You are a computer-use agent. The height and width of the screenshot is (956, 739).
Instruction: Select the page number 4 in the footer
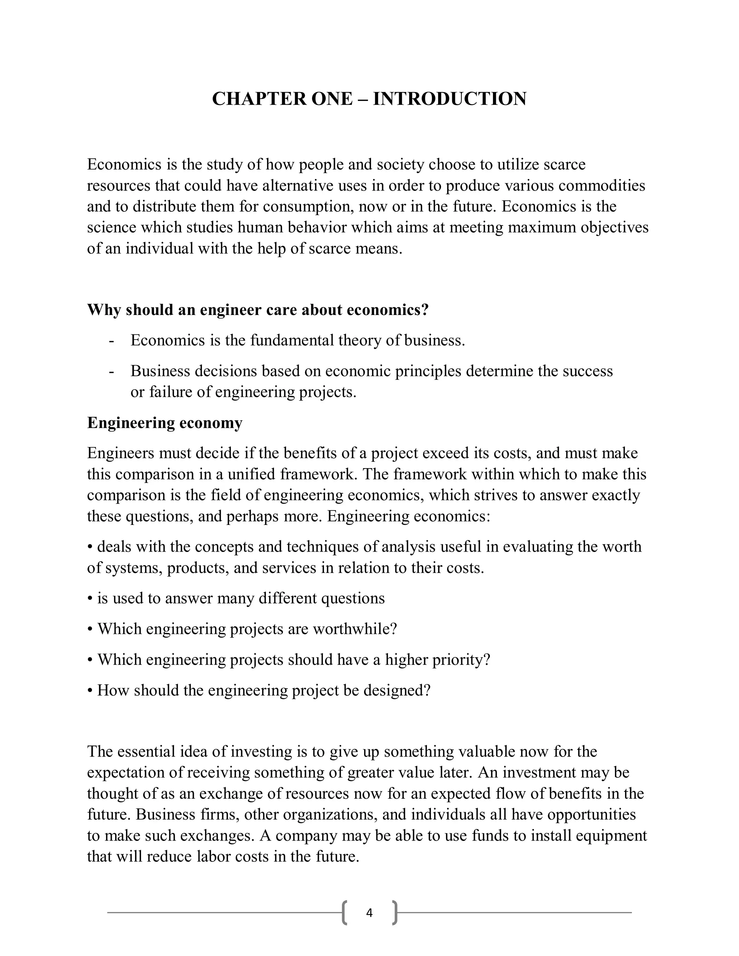click(x=369, y=913)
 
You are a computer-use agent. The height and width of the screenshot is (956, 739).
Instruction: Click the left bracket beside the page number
click(x=345, y=913)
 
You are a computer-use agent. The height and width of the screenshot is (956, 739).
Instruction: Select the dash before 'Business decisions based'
click(x=111, y=371)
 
